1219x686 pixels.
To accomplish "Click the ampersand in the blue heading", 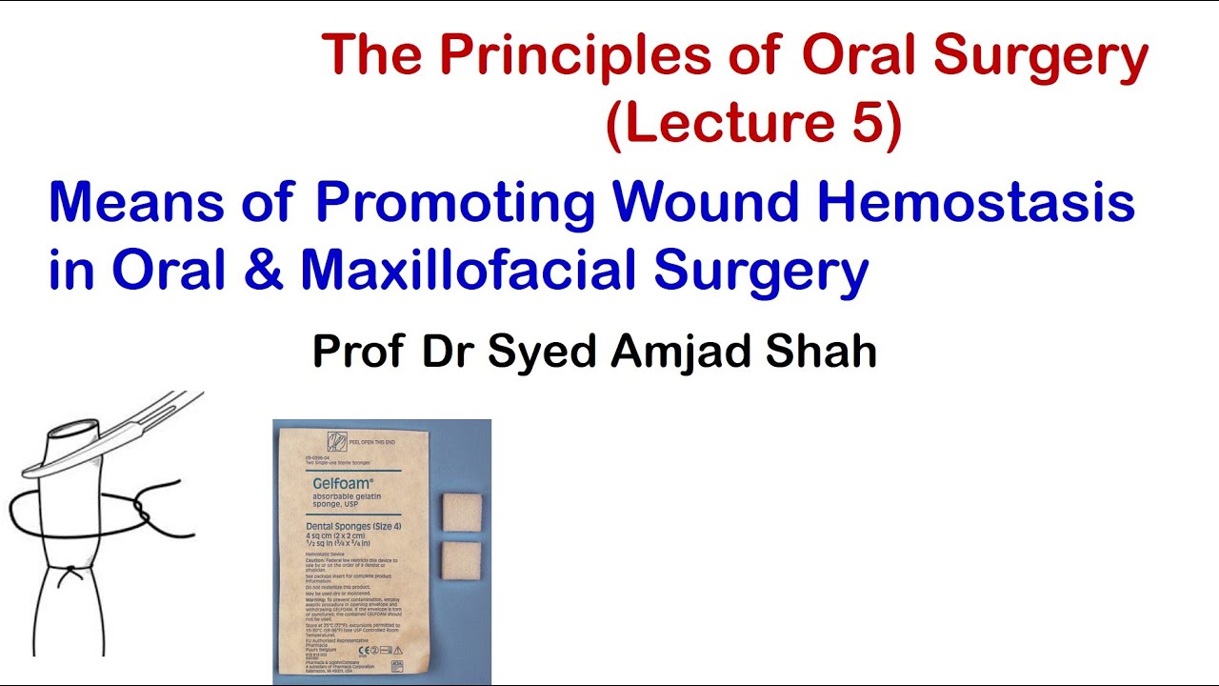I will pyautogui.click(x=263, y=271).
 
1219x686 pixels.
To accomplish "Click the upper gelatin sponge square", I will pyautogui.click(x=463, y=513).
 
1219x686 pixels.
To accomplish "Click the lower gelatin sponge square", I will pyautogui.click(x=463, y=559).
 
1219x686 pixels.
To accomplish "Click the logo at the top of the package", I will pyautogui.click(x=337, y=441).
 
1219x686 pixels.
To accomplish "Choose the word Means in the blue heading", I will pyautogui.click(x=126, y=203).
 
